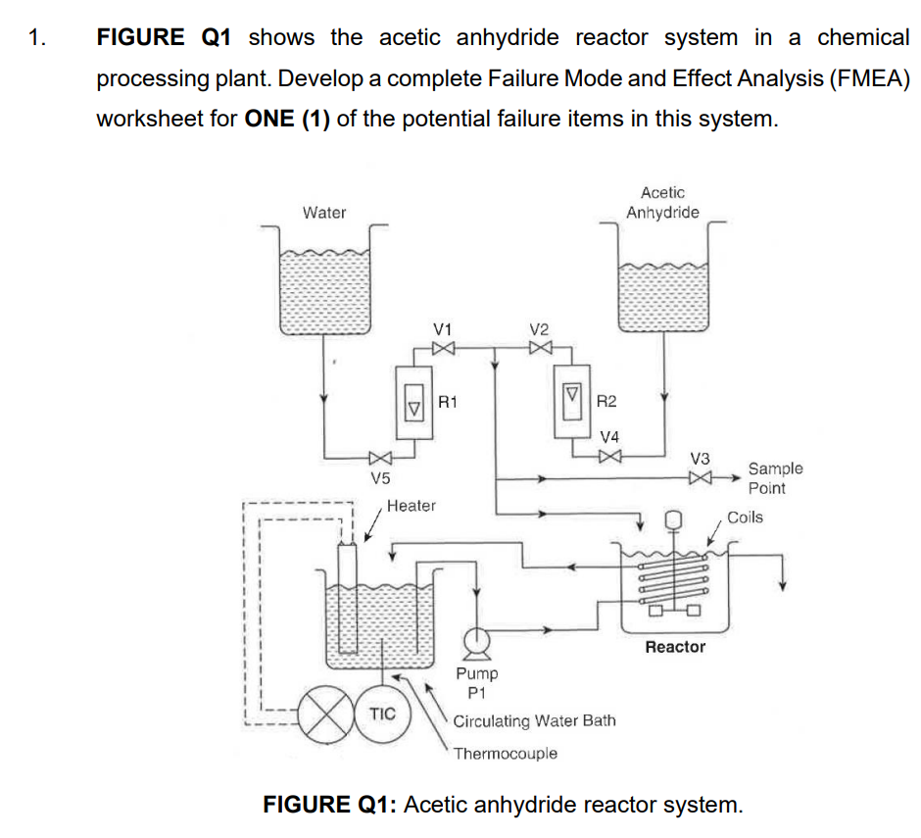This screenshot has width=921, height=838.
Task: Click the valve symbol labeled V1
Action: pyautogui.click(x=443, y=347)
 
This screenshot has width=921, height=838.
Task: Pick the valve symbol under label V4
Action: pyautogui.click(x=609, y=455)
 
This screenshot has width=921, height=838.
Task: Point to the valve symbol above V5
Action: pyautogui.click(x=380, y=458)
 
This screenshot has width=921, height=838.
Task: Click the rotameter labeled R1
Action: pyautogui.click(x=412, y=402)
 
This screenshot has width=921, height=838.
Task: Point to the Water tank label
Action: pyautogui.click(x=323, y=213)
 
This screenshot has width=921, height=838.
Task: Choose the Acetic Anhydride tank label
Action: pyautogui.click(x=662, y=203)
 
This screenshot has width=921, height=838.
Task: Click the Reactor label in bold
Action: pyautogui.click(x=675, y=647)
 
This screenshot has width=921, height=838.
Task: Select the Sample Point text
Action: pyautogui.click(x=774, y=478)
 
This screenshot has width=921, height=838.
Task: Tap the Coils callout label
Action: pyautogui.click(x=745, y=517)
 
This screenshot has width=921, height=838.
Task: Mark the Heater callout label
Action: pyautogui.click(x=411, y=506)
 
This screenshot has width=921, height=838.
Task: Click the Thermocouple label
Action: pyautogui.click(x=506, y=753)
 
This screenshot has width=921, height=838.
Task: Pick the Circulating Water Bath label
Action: pyautogui.click(x=535, y=720)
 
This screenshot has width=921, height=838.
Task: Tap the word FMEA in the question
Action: pyautogui.click(x=865, y=78)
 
